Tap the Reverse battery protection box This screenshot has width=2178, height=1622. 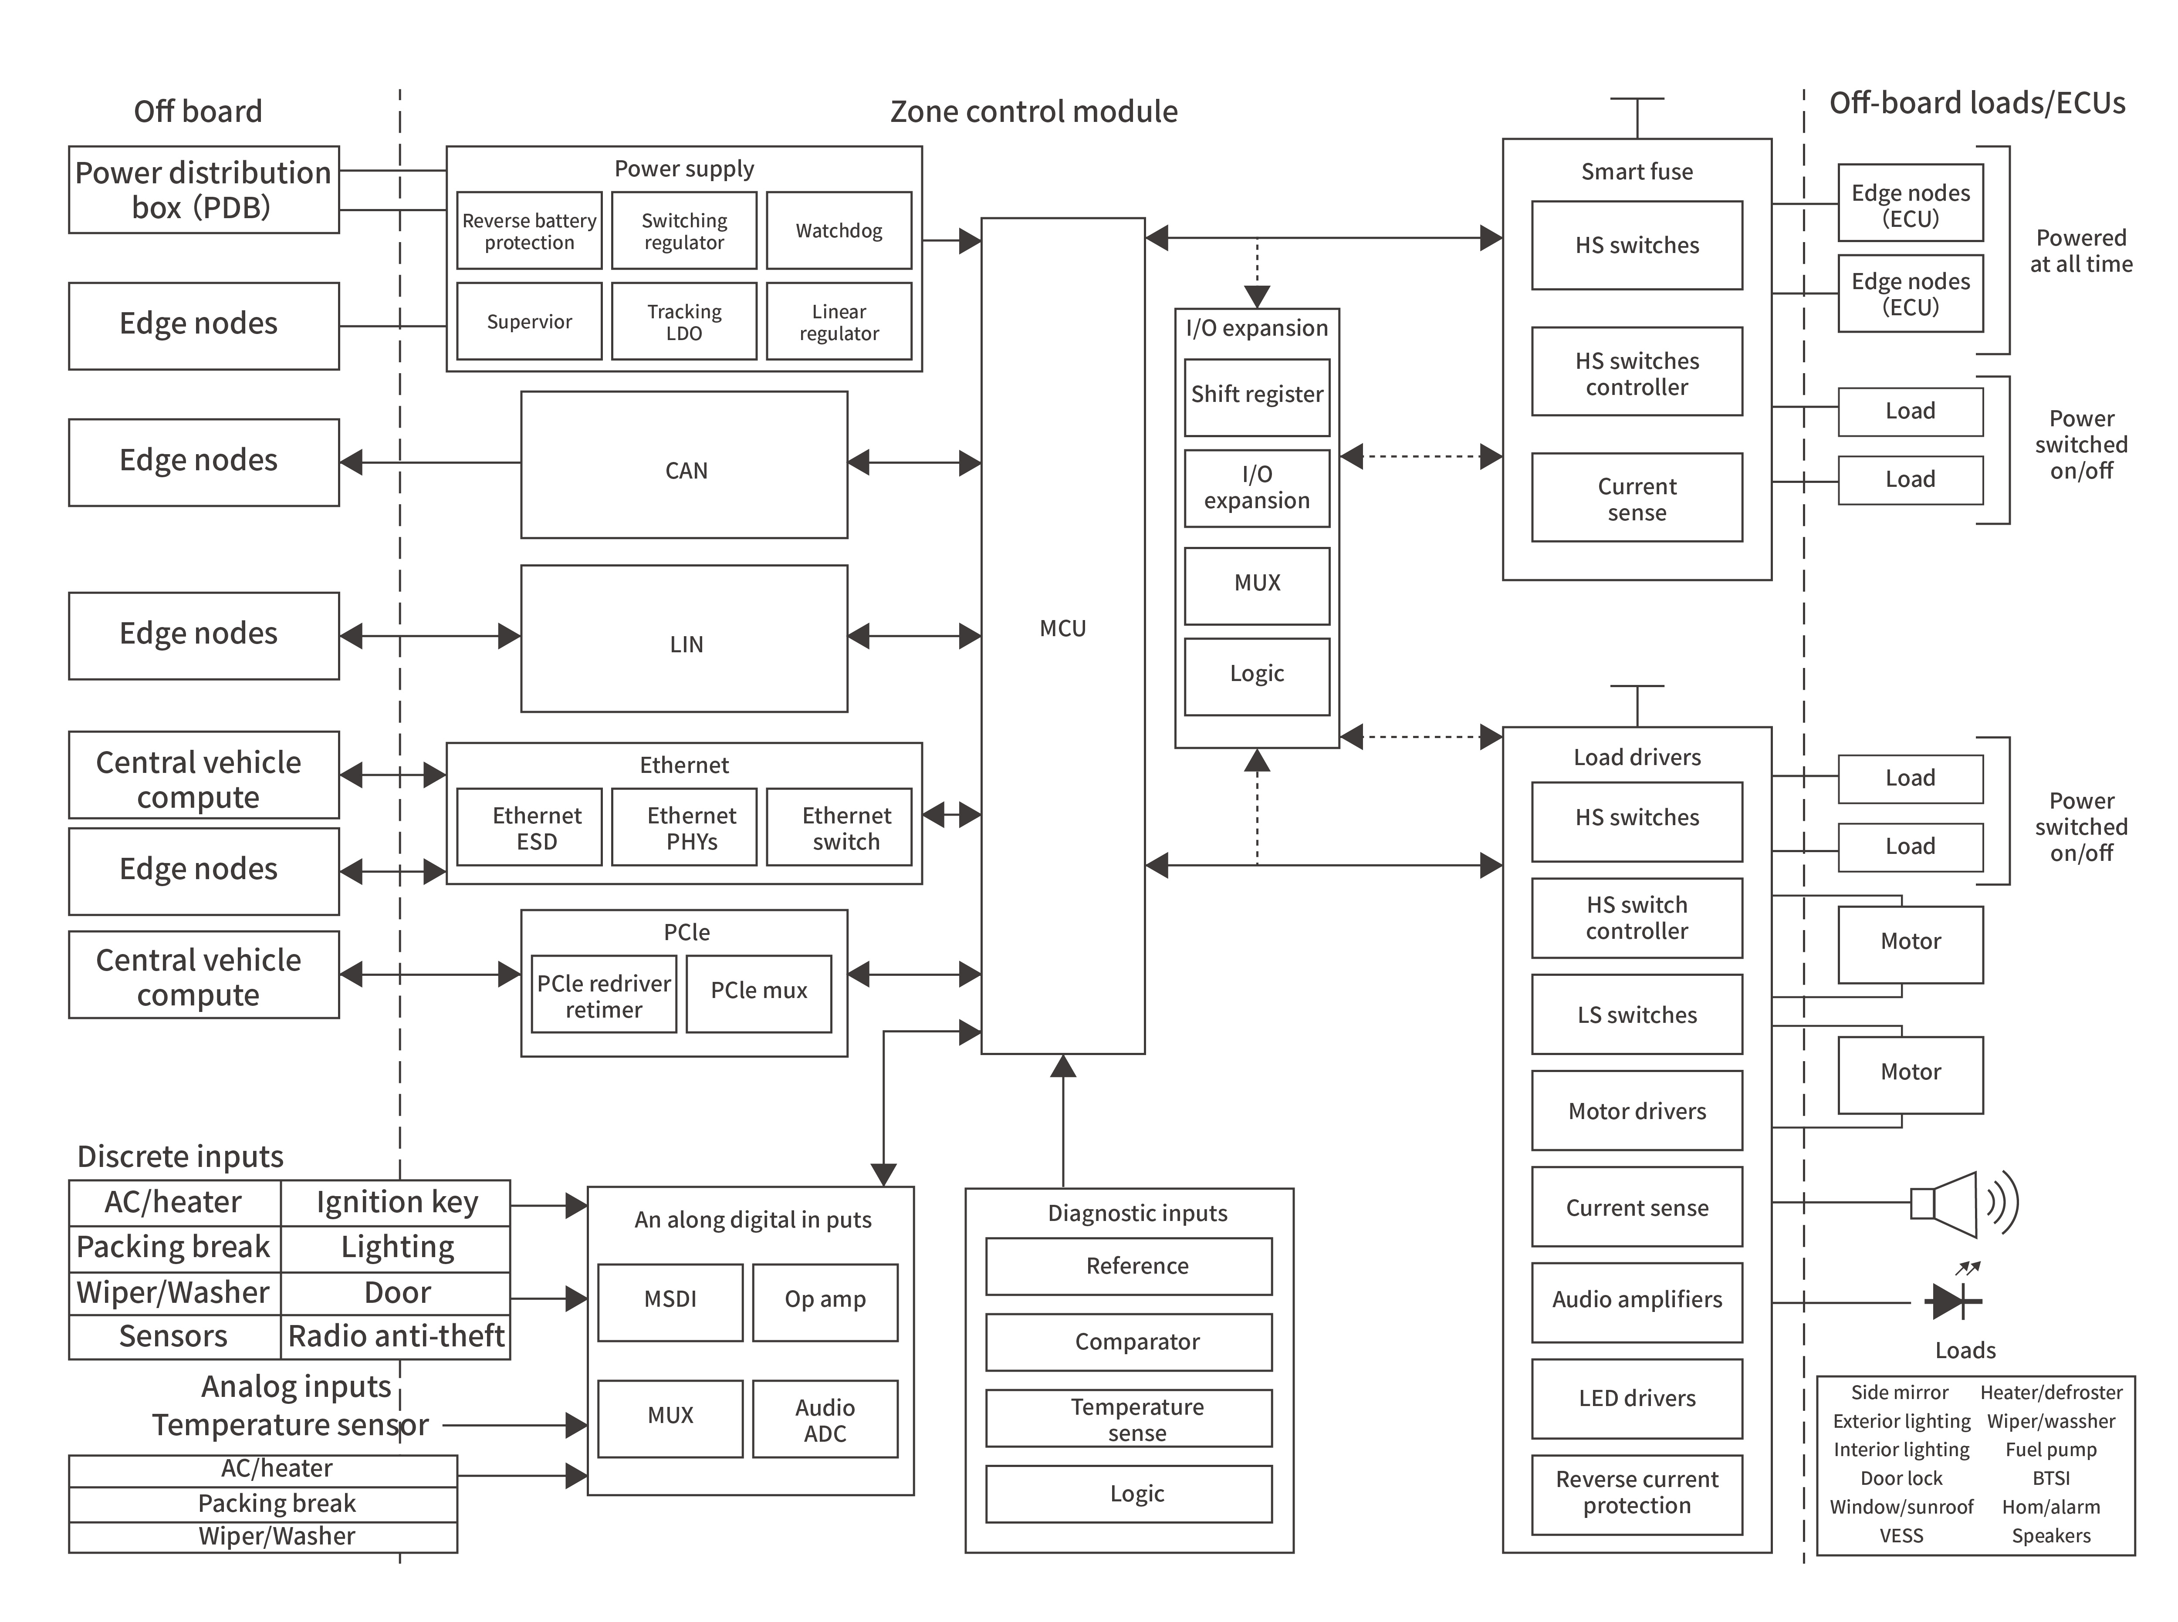[529, 231]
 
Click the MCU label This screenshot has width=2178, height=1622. [1062, 628]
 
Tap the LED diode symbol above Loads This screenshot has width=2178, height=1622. [1952, 1301]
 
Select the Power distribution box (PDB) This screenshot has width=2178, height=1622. [203, 189]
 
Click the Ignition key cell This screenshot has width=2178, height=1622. [397, 1203]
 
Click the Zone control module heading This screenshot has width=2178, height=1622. [1033, 112]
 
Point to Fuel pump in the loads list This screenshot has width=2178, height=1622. [2050, 1450]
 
